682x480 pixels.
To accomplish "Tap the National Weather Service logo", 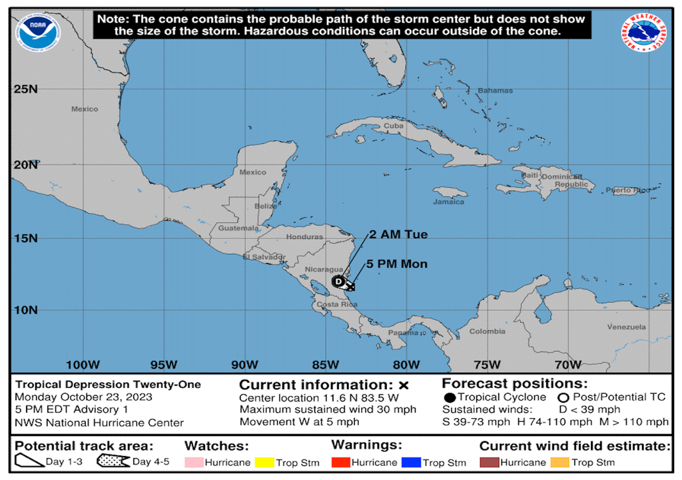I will (x=643, y=33).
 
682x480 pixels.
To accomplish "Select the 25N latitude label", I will (x=25, y=89).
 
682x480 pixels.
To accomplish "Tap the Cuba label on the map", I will (x=394, y=125).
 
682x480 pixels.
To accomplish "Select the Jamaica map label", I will (x=448, y=201).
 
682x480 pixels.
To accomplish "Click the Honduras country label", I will (x=304, y=237).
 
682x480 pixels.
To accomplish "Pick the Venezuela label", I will (x=626, y=327).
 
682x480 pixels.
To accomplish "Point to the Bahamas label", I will (x=496, y=90).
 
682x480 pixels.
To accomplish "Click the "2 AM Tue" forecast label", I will (x=399, y=235).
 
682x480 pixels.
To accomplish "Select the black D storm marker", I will (x=338, y=281).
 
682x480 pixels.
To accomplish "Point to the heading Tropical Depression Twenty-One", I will (x=108, y=385).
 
